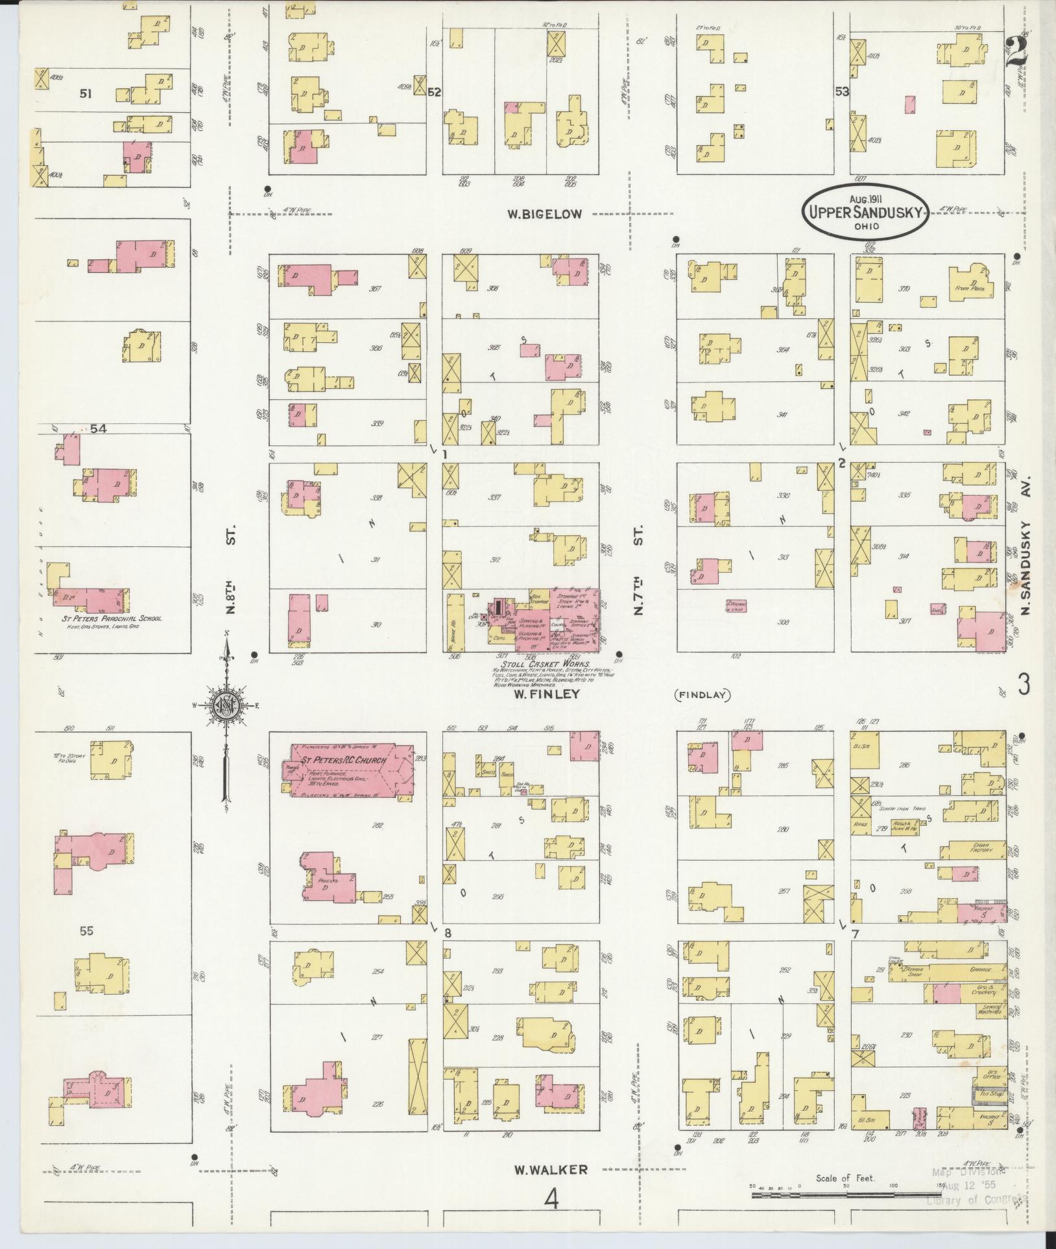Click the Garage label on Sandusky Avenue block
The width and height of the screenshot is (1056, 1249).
click(x=978, y=971)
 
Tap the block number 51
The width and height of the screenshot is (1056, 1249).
click(x=86, y=94)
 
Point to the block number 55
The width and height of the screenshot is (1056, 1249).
click(x=86, y=931)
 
